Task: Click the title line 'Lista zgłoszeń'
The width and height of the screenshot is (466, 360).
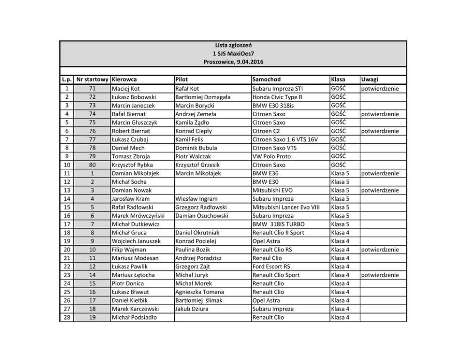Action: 233,46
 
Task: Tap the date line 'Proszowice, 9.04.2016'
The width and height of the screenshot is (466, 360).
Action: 233,63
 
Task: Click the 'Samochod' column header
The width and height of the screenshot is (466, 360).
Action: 266,79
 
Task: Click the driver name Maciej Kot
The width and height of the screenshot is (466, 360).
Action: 126,88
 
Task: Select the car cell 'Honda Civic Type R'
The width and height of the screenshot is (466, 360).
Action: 277,97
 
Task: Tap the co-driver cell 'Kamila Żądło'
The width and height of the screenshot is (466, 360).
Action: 191,122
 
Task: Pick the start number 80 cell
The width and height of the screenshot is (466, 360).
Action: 92,165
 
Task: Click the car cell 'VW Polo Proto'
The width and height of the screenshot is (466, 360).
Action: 272,157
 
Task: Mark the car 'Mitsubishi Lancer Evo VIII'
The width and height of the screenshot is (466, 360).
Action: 286,207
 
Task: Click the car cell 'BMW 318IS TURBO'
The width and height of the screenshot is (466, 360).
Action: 277,224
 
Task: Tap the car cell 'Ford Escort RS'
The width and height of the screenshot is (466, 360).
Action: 271,266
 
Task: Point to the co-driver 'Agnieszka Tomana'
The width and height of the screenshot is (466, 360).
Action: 196,292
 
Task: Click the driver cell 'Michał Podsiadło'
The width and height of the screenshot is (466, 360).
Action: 134,317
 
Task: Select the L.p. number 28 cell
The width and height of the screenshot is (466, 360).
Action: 67,317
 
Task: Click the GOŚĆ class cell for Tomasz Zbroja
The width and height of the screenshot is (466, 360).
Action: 338,157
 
